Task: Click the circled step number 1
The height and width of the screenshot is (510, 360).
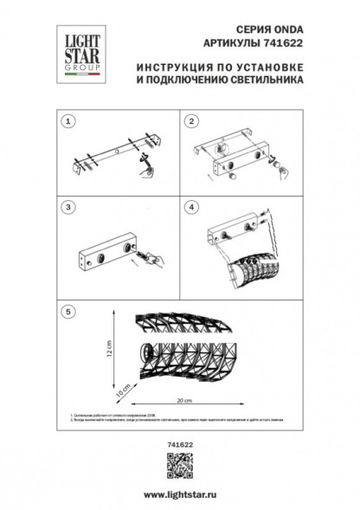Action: (x=71, y=123)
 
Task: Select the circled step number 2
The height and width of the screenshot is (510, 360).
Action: (x=193, y=123)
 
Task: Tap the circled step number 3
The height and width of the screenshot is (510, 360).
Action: (x=71, y=209)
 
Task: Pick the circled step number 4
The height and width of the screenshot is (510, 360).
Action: (x=193, y=209)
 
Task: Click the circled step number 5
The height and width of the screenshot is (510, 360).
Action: (x=71, y=310)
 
